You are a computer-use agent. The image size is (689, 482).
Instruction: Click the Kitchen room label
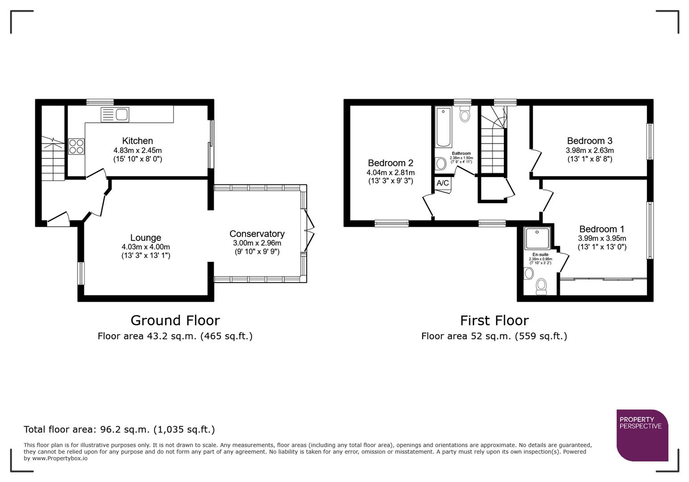[x=137, y=141]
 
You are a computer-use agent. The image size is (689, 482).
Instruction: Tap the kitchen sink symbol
[x=115, y=115]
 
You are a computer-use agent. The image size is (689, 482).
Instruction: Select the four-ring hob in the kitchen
[x=76, y=146]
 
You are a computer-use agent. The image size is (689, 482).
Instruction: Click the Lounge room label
[x=145, y=238]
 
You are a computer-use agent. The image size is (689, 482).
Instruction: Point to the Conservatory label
[x=257, y=234]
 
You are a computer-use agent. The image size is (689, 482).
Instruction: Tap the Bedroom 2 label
[x=390, y=163]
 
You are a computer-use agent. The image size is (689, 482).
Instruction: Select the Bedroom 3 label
[x=589, y=141]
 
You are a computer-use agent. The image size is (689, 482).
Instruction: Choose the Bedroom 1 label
[x=602, y=229]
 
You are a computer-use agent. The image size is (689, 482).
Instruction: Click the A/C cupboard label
[x=443, y=183]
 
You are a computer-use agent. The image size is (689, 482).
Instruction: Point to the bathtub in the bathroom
[x=444, y=127]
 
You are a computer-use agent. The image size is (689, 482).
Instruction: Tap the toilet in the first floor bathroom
[x=465, y=114]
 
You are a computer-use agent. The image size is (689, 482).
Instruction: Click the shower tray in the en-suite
[x=538, y=238]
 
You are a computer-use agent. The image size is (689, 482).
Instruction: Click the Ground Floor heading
[x=175, y=320]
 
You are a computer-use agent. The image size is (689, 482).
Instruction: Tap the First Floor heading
[x=494, y=320]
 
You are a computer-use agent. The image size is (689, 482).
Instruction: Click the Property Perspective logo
[x=642, y=435]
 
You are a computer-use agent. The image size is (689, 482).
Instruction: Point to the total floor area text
[x=119, y=429]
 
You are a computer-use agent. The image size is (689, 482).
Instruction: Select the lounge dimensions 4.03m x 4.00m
[x=145, y=247]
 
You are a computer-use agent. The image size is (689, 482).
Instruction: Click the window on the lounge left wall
[x=81, y=273]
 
